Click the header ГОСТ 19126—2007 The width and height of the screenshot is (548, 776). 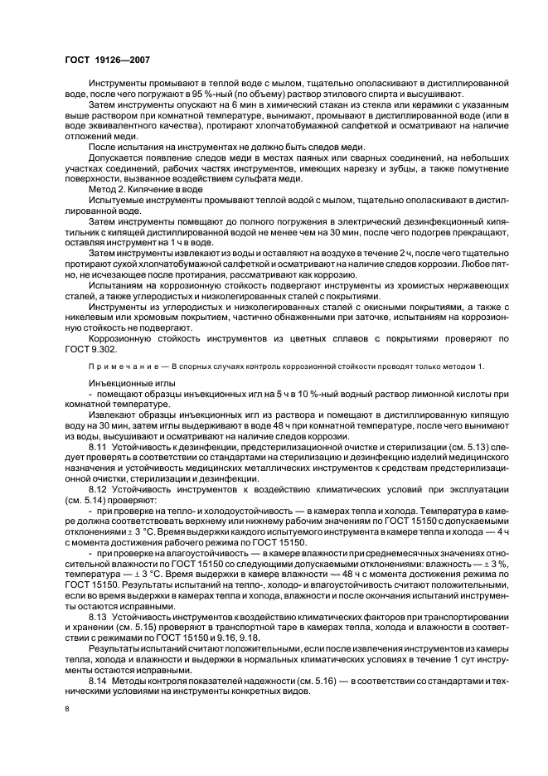coord(103,61)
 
